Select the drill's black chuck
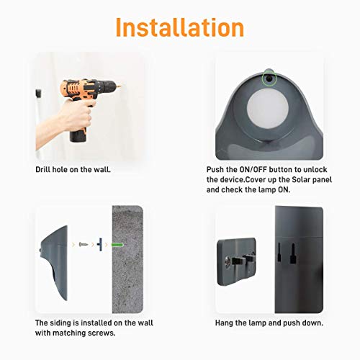click(115, 94)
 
